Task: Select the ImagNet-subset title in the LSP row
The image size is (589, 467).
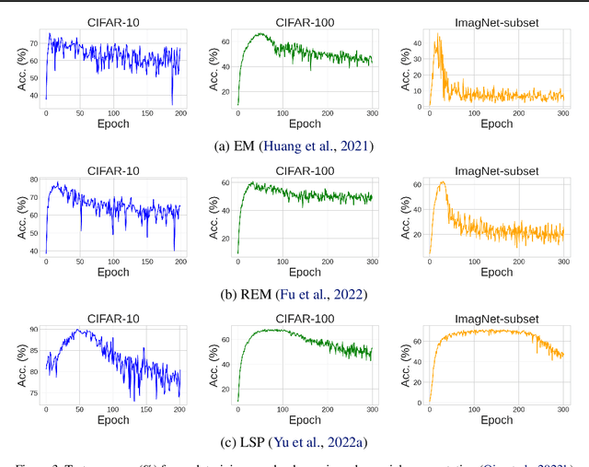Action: point(496,318)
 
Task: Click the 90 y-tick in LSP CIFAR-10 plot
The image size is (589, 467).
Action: point(33,329)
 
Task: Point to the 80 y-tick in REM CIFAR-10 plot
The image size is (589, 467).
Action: point(33,180)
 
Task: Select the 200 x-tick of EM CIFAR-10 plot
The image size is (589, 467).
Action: point(180,113)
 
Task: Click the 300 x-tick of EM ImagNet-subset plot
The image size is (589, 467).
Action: point(561,113)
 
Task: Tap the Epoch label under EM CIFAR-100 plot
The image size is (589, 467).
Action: point(305,123)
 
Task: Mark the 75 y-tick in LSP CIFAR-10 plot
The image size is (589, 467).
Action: point(33,392)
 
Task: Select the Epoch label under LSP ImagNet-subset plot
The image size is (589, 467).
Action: point(496,421)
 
